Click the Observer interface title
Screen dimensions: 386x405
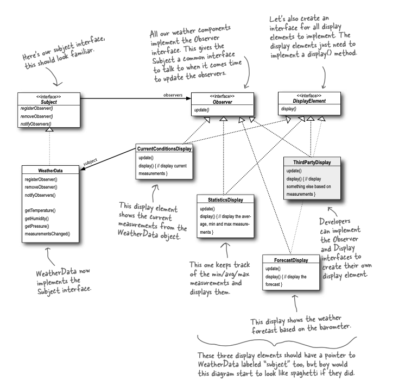(x=220, y=102)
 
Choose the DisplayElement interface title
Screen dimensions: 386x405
(x=306, y=102)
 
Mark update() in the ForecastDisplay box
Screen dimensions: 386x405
(x=273, y=269)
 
